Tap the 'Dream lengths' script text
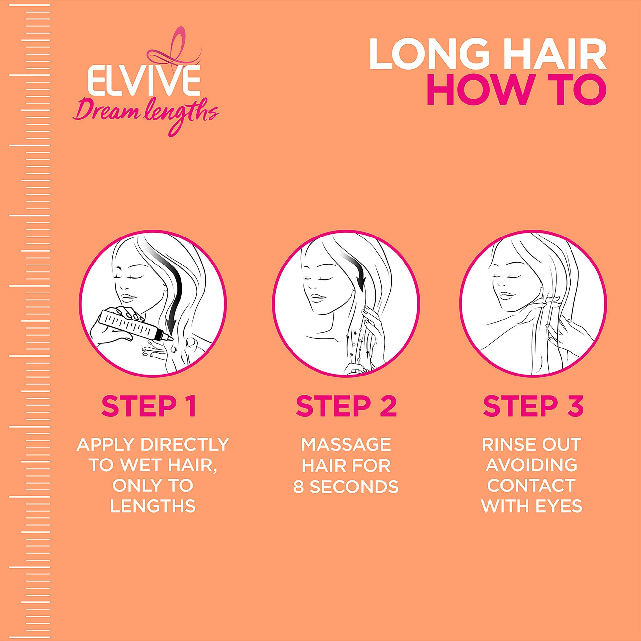click(146, 118)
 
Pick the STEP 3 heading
click(533, 405)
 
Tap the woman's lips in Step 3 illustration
click(505, 294)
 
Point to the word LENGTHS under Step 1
click(152, 507)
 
